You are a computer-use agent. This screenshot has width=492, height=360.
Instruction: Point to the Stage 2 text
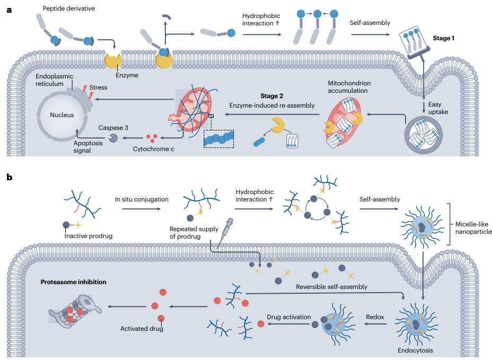(x=272, y=96)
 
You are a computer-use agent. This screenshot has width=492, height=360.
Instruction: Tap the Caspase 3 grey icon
(x=113, y=137)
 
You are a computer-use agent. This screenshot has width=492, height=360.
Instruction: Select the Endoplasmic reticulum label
(x=55, y=80)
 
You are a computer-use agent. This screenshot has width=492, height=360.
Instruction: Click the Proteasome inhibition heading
(x=74, y=282)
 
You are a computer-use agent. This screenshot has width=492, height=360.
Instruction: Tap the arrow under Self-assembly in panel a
(x=370, y=34)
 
